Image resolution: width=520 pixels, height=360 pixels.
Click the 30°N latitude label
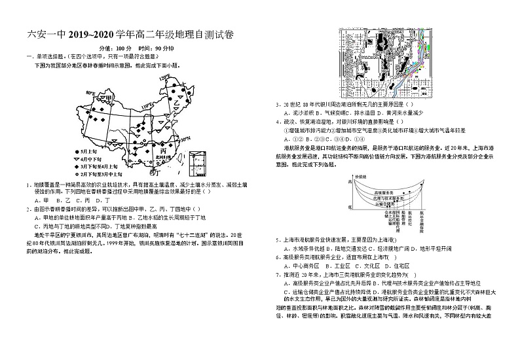(185, 139)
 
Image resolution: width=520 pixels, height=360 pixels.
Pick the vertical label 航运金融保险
(420, 221)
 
